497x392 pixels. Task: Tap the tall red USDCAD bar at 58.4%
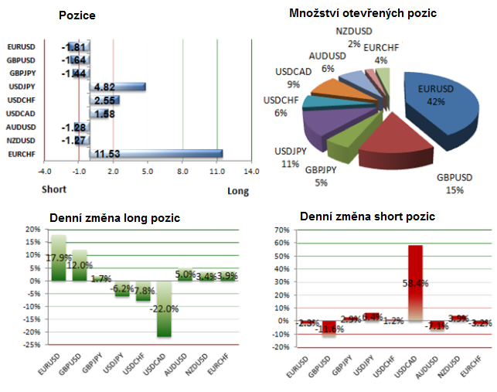415,282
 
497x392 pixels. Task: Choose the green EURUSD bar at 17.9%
60,257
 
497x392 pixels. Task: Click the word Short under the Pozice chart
53,189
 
